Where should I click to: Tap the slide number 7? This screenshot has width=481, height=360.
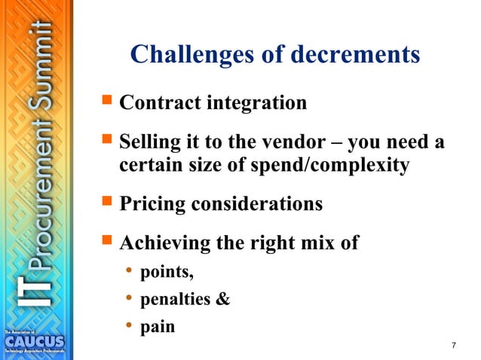pos(453,346)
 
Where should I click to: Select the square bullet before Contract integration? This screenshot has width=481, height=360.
pos(106,102)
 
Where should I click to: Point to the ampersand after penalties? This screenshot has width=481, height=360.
pos(223,300)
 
